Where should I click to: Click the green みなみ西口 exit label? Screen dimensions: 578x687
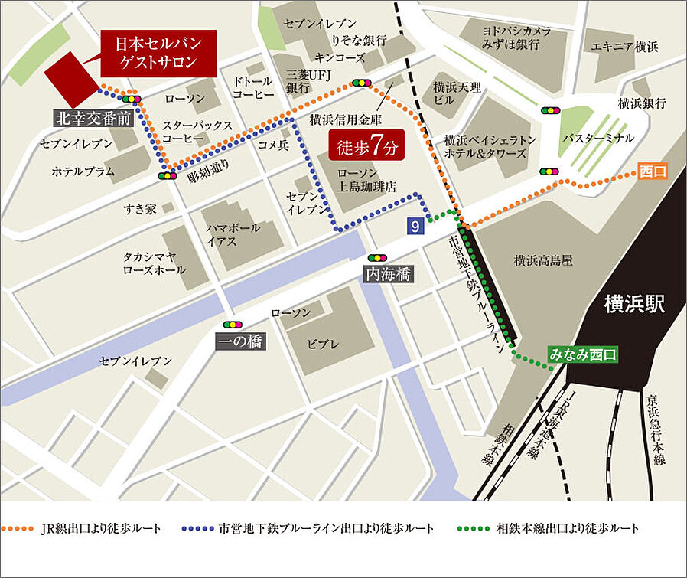click(x=582, y=354)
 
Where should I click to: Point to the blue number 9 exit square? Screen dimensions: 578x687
click(x=415, y=225)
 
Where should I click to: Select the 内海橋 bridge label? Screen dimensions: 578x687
click(x=389, y=275)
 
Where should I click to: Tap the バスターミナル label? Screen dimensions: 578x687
click(x=597, y=139)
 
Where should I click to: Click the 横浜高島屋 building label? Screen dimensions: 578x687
click(x=543, y=261)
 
